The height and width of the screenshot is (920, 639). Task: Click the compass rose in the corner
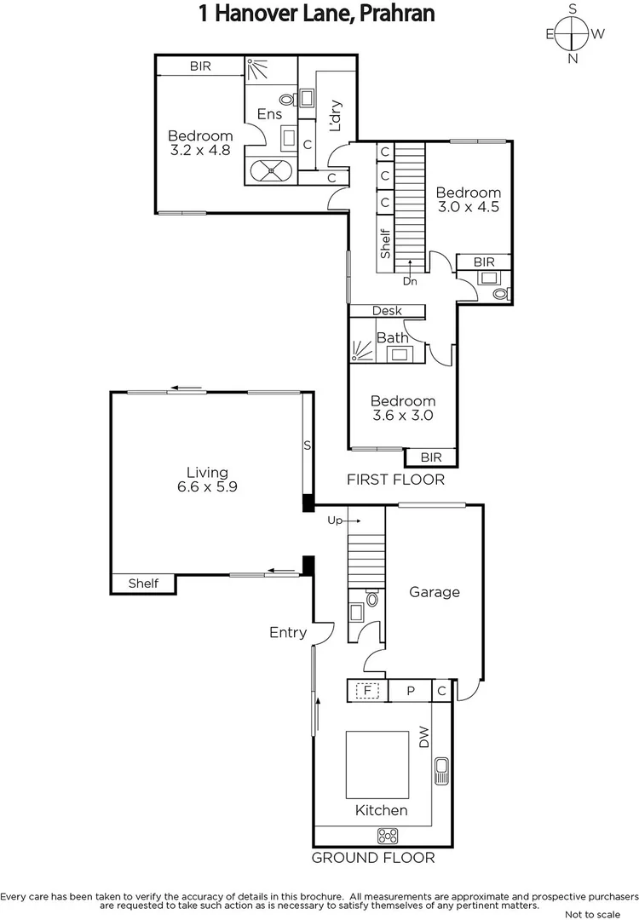coord(574,34)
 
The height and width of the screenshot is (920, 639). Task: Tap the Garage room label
coord(434,592)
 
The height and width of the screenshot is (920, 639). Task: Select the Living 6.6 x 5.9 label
coord(208,480)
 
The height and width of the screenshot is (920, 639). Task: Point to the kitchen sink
coord(440,771)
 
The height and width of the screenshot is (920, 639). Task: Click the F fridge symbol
coord(368,691)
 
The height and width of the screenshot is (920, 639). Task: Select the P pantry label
coord(410,691)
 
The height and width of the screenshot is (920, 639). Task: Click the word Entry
coord(287,632)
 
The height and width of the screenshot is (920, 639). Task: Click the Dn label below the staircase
coord(410,280)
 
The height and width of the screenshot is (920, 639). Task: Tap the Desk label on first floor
coord(387,311)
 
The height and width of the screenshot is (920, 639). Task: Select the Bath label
coord(392,337)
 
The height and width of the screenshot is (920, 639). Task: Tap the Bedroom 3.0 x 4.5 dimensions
coord(468,206)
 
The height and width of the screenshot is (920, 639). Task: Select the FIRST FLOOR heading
coord(395,480)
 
